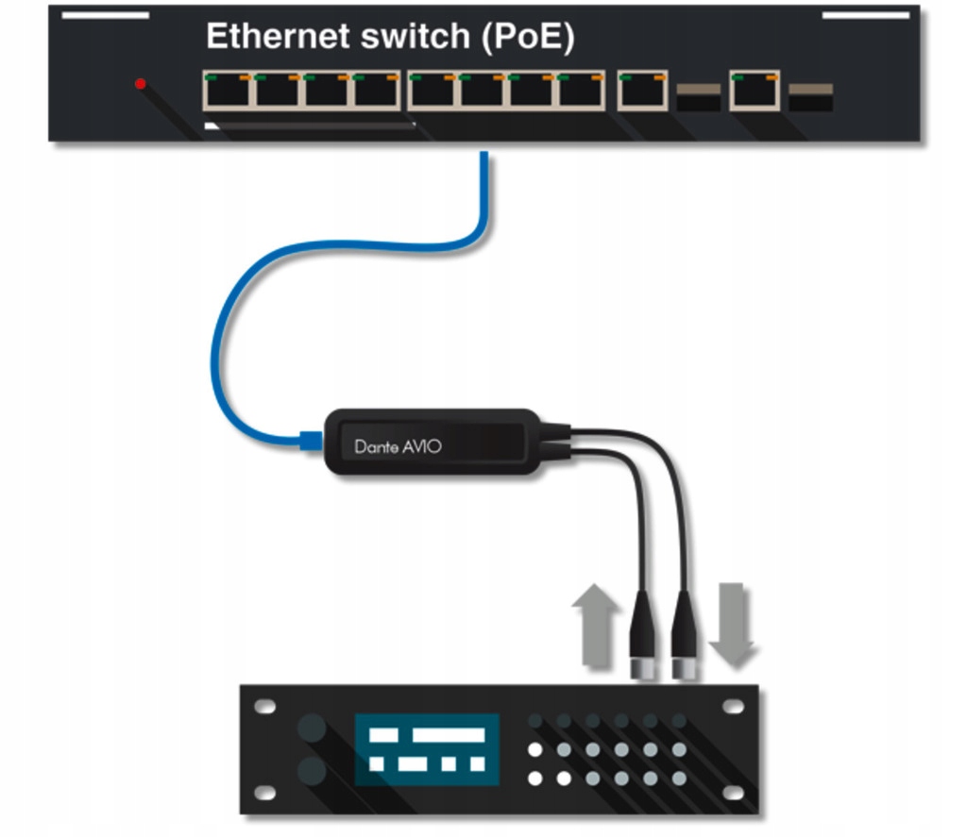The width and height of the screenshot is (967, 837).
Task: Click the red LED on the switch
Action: click(141, 84)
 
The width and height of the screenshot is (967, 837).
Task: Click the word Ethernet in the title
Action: click(272, 37)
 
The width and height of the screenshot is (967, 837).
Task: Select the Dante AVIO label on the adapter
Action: click(397, 445)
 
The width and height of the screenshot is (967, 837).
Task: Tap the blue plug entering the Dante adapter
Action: click(311, 440)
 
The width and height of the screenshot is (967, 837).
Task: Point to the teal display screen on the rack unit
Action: click(426, 749)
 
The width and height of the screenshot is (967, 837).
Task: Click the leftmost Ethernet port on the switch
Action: click(228, 91)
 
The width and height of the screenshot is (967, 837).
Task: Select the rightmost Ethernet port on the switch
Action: click(755, 91)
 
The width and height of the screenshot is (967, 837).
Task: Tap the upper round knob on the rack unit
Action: click(312, 728)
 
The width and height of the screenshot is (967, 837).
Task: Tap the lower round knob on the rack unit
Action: click(312, 771)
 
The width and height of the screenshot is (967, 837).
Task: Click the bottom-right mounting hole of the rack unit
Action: click(735, 792)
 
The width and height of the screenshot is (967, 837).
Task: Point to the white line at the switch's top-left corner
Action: click(104, 15)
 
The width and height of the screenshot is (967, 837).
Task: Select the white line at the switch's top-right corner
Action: click(866, 15)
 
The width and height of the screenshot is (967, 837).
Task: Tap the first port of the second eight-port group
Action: click(433, 91)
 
